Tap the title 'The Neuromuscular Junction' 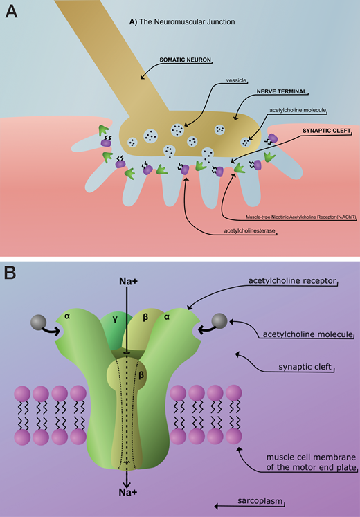coord(187,22)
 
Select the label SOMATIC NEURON coord(185,60)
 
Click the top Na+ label coord(127,282)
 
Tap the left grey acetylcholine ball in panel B coord(38,322)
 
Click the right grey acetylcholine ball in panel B coord(219,320)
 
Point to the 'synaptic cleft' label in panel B coord(304,367)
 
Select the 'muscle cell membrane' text coord(312,457)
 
